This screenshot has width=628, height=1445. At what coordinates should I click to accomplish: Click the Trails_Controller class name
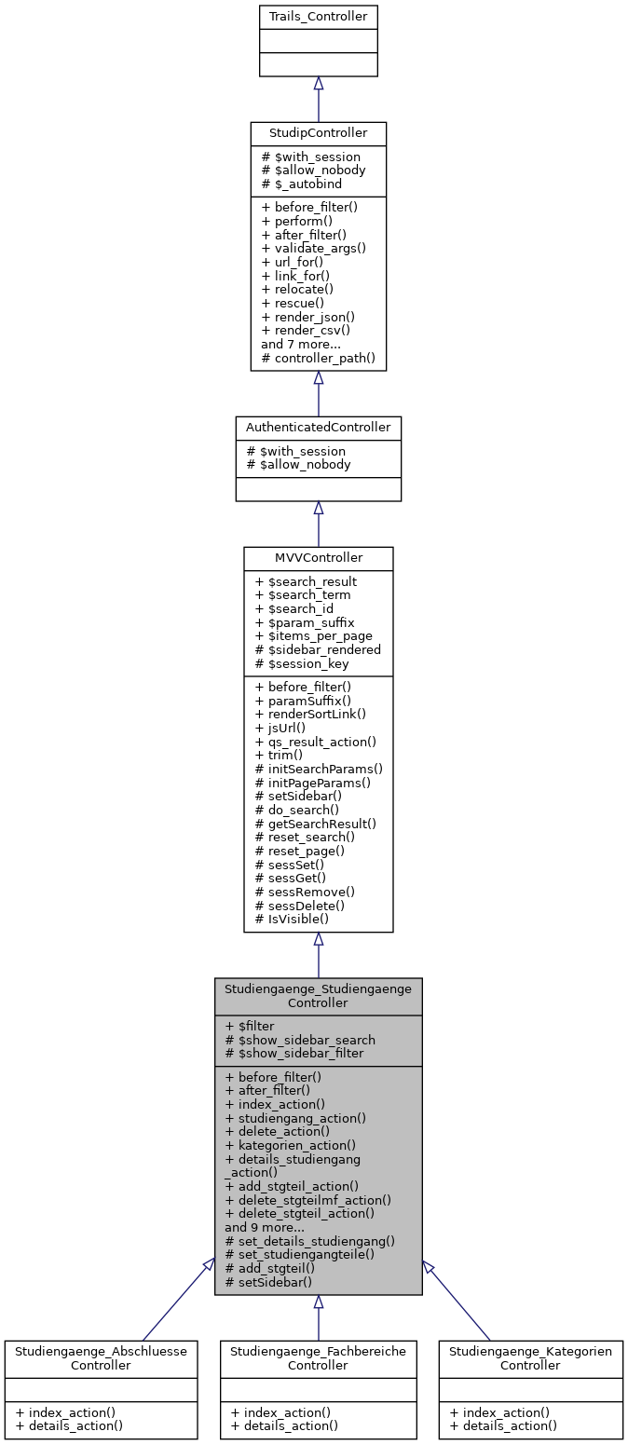pyautogui.click(x=318, y=17)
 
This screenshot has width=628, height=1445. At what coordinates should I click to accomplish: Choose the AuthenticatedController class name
pyautogui.click(x=318, y=427)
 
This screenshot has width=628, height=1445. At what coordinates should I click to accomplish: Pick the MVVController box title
pyautogui.click(x=318, y=557)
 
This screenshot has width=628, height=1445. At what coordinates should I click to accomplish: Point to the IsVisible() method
pyautogui.click(x=297, y=918)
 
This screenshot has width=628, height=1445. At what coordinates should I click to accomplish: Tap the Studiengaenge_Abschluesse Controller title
pyautogui.click(x=101, y=1357)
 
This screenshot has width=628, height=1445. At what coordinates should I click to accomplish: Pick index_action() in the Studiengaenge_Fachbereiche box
pyautogui.click(x=280, y=1411)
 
